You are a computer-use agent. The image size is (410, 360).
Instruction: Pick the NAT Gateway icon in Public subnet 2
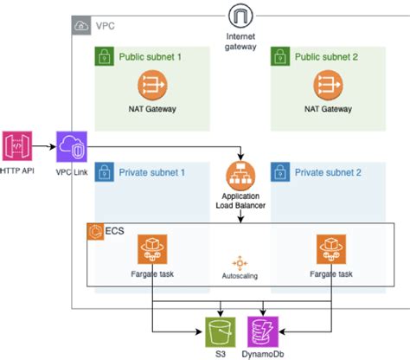pos(328,85)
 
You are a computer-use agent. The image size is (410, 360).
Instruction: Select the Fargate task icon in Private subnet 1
pos(152,250)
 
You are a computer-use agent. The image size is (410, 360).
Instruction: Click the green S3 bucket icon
pos(220,331)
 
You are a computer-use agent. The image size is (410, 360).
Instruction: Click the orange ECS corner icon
pos(93,232)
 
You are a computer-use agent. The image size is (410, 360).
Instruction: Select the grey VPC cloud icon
pos(80,26)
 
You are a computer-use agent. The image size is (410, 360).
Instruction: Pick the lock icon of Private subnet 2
pos(279,171)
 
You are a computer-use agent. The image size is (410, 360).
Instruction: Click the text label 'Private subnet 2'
pos(329,171)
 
